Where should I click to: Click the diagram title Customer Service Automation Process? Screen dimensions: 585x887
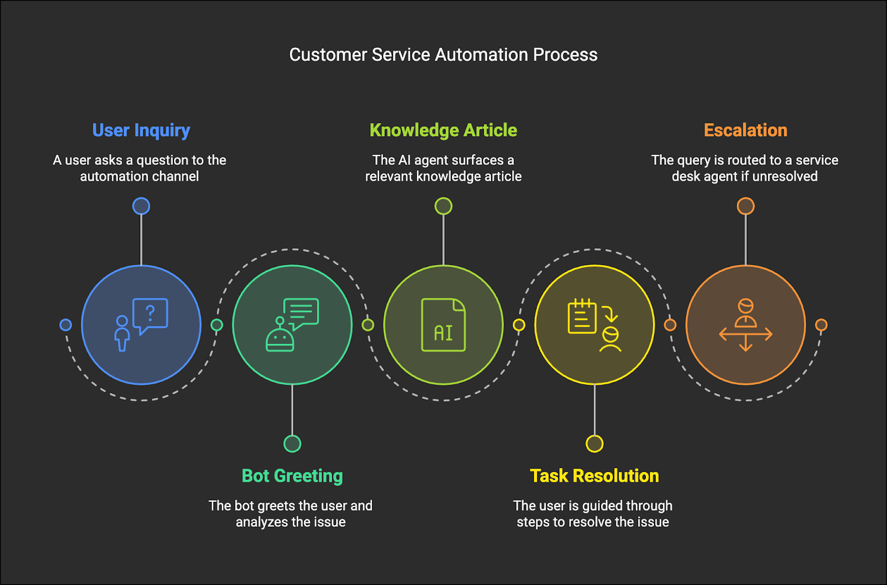(443, 55)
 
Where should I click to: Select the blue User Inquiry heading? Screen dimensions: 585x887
(141, 130)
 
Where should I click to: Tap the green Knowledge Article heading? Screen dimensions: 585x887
(443, 130)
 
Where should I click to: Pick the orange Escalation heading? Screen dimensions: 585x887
(745, 130)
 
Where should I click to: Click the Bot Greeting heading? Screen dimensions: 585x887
(292, 476)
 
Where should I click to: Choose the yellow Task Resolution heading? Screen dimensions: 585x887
(594, 476)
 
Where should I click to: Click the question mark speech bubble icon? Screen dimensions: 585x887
(150, 315)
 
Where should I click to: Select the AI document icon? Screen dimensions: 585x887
(443, 325)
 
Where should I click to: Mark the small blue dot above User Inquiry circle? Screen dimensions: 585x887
(141, 206)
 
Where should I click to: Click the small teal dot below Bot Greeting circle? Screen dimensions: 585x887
(292, 444)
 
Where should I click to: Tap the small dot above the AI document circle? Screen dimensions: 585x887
(443, 206)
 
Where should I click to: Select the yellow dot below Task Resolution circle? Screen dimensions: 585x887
(594, 444)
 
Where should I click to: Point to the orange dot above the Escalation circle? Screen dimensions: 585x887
(745, 206)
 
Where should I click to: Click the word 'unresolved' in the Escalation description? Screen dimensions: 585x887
(784, 176)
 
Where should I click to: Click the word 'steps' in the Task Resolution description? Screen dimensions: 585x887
(533, 522)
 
